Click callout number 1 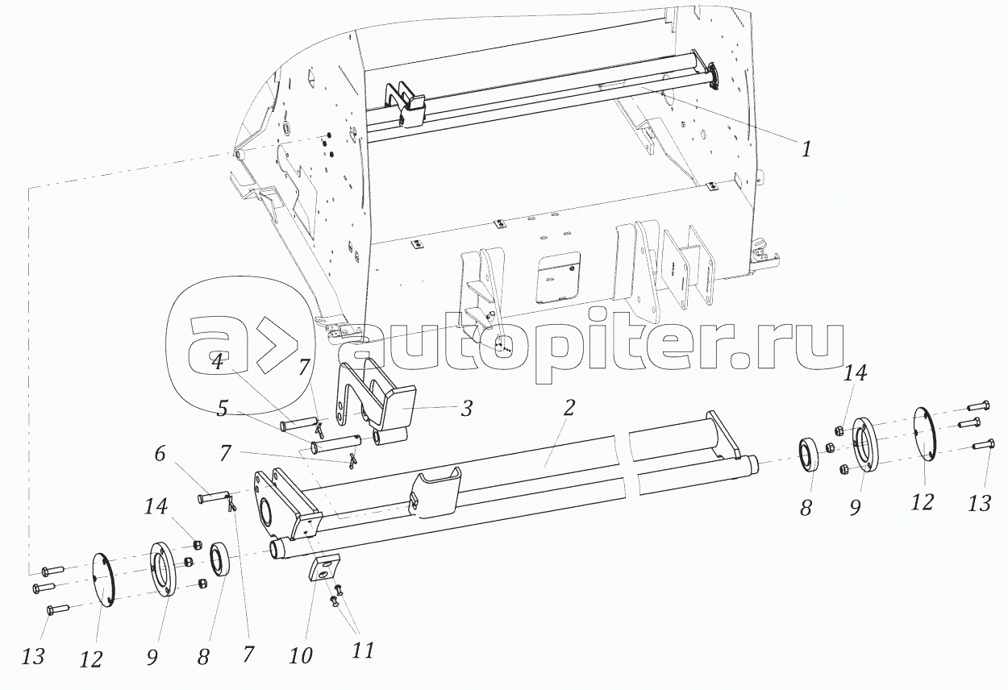click(x=805, y=149)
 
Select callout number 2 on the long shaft click(x=569, y=407)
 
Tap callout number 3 click(x=466, y=408)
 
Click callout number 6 click(x=160, y=455)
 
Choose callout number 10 click(x=300, y=655)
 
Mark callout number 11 click(x=363, y=650)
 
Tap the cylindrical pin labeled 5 click(x=335, y=443)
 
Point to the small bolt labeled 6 click(x=213, y=499)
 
